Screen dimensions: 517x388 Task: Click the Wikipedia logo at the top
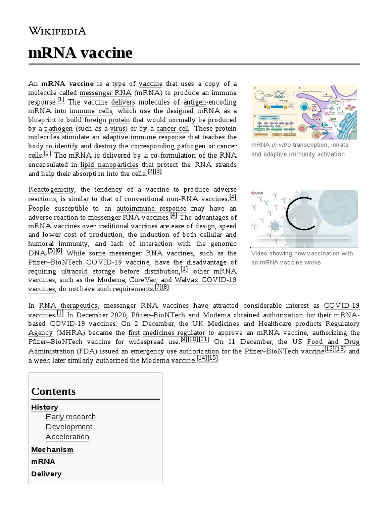(57, 31)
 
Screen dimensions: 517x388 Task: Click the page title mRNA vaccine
(80, 53)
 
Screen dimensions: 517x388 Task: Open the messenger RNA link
(105, 93)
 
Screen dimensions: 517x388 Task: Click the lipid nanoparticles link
(109, 164)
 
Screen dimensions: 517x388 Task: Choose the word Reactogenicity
(52, 189)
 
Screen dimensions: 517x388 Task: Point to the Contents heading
(53, 391)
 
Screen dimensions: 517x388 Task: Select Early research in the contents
(71, 417)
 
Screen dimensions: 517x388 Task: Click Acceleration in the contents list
(67, 437)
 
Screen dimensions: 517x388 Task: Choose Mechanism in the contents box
(52, 449)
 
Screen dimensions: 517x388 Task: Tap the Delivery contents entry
(46, 474)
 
